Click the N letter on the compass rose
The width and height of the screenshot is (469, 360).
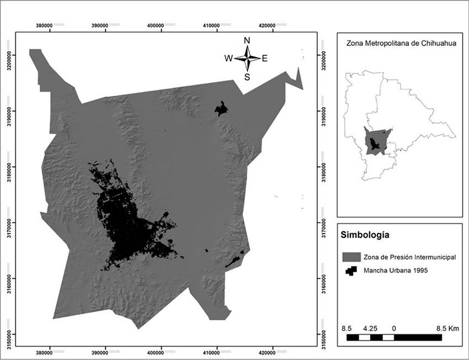coord(247,40)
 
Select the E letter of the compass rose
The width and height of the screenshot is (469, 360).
coord(265,59)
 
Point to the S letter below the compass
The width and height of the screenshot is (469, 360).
coord(247,77)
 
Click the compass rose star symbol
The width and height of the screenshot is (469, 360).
coord(247,59)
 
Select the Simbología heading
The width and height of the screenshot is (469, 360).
coord(366,235)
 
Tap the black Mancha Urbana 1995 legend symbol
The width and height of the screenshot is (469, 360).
coord(351,271)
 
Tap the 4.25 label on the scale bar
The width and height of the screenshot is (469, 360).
coord(371,328)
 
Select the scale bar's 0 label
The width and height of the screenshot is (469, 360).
coord(393,328)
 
